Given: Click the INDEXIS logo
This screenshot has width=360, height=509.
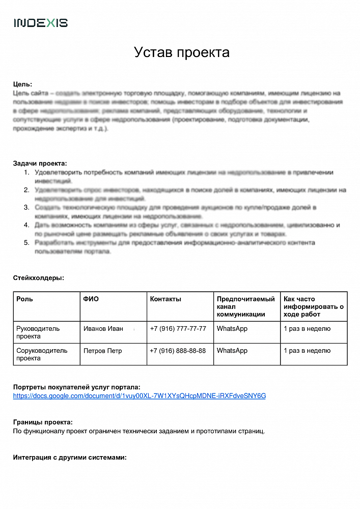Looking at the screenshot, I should click(x=41, y=23).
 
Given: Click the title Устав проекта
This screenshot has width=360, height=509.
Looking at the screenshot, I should click(x=182, y=52).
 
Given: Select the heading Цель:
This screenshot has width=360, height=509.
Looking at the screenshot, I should click(x=22, y=84).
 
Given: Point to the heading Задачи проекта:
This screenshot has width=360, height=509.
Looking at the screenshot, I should click(x=40, y=163).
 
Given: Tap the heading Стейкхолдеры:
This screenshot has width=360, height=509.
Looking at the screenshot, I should click(x=38, y=278).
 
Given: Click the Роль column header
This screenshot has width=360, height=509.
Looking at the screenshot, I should click(x=25, y=299).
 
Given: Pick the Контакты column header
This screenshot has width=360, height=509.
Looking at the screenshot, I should click(x=165, y=299).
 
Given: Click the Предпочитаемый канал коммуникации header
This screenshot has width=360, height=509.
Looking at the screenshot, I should click(x=245, y=306).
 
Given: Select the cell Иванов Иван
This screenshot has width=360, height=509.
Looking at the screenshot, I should click(x=103, y=329).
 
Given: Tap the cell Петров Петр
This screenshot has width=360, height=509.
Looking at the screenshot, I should click(x=102, y=351).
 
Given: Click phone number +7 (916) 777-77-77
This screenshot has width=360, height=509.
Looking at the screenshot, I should click(x=178, y=329).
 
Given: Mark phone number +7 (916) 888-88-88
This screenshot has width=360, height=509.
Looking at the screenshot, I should click(x=178, y=351).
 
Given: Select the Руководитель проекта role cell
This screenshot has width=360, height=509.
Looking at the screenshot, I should click(x=38, y=332).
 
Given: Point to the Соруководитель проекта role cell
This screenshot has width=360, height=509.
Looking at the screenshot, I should click(x=42, y=354).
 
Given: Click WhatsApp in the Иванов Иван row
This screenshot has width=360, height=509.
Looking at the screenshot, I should click(x=232, y=329).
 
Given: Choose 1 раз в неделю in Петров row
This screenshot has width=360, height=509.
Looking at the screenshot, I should click(x=307, y=351).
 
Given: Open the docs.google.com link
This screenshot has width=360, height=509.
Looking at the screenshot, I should click(x=140, y=395).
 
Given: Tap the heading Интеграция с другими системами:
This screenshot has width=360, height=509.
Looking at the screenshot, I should click(x=70, y=457).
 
